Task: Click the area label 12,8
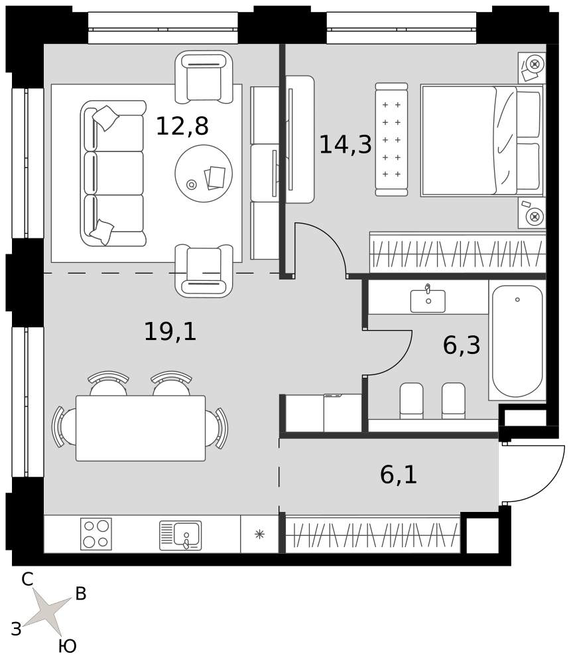click(x=182, y=125)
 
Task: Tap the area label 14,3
click(x=345, y=144)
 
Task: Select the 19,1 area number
click(x=170, y=331)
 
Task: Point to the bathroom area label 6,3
click(x=462, y=345)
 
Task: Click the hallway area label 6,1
click(x=399, y=475)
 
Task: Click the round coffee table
click(x=204, y=173)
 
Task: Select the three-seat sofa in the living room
click(x=113, y=173)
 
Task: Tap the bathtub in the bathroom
click(x=517, y=341)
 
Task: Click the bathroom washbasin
click(x=428, y=300)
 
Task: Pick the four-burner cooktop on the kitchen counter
click(x=96, y=534)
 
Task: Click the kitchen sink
click(x=180, y=536)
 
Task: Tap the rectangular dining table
click(x=141, y=428)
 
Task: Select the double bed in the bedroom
click(x=481, y=141)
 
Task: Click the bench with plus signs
click(x=392, y=139)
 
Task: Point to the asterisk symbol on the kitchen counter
click(x=260, y=535)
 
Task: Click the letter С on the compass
click(x=27, y=579)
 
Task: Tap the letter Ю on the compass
click(x=67, y=646)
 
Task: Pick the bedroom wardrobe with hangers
click(x=458, y=252)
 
